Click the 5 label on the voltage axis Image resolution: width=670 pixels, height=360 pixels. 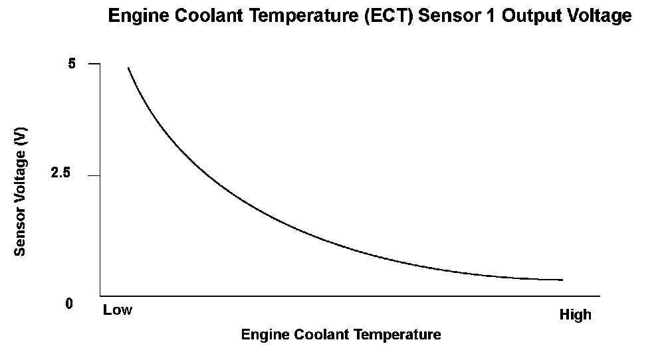tap(71, 64)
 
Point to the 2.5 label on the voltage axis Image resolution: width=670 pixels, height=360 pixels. tap(60, 173)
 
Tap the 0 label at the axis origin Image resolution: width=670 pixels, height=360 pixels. tap(69, 304)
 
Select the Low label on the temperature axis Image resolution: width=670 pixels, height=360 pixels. tap(118, 310)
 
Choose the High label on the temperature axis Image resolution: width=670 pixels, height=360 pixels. tap(576, 315)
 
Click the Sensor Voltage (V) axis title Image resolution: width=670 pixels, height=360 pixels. tap(20, 192)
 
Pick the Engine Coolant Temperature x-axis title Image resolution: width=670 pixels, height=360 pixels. tap(341, 334)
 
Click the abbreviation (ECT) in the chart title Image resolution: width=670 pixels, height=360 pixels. tap(389, 16)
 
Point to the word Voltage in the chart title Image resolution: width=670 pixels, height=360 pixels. tap(599, 16)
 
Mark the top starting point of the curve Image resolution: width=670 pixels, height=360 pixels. tap(128, 68)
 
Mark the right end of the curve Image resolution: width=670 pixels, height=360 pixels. tap(563, 280)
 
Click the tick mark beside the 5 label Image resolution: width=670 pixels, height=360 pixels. tap(94, 64)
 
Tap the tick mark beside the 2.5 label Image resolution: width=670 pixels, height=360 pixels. tap(94, 175)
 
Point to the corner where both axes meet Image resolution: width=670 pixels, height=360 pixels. tap(100, 296)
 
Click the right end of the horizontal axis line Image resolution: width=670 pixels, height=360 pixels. tap(600, 296)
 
